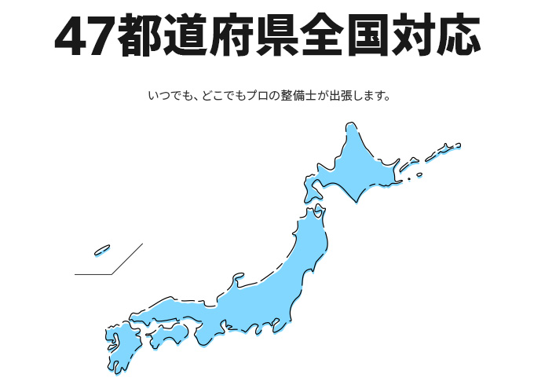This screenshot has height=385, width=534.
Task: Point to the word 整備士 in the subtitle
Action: click(297, 97)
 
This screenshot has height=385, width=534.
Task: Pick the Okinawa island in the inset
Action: click(102, 251)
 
